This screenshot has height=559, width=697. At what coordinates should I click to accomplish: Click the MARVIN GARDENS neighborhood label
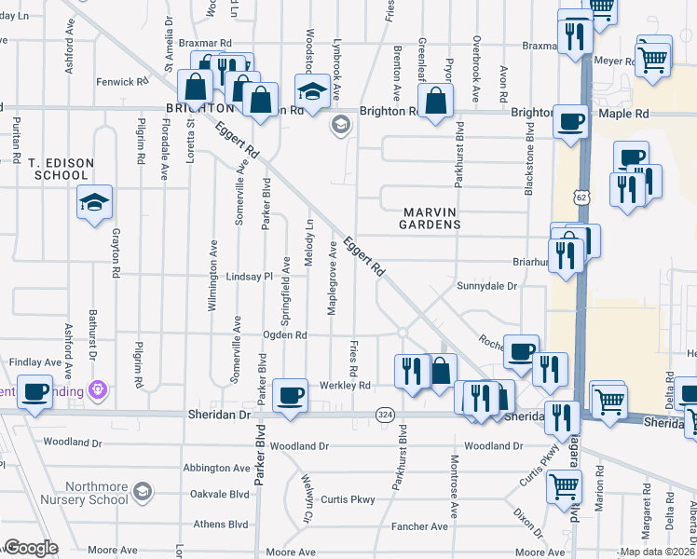(x=430, y=217)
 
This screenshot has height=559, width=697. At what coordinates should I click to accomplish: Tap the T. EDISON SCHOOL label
(x=61, y=169)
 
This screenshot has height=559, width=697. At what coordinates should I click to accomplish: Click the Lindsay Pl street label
(x=248, y=277)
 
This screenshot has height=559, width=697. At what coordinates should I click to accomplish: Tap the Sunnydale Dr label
(x=485, y=286)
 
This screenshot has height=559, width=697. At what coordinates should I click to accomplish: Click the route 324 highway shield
(x=383, y=413)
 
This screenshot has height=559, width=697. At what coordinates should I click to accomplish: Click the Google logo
(x=31, y=548)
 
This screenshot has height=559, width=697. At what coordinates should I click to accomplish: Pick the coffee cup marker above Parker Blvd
(x=290, y=394)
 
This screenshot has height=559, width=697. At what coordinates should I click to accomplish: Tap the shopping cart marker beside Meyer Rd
(x=653, y=58)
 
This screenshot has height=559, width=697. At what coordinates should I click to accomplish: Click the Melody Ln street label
(x=308, y=245)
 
